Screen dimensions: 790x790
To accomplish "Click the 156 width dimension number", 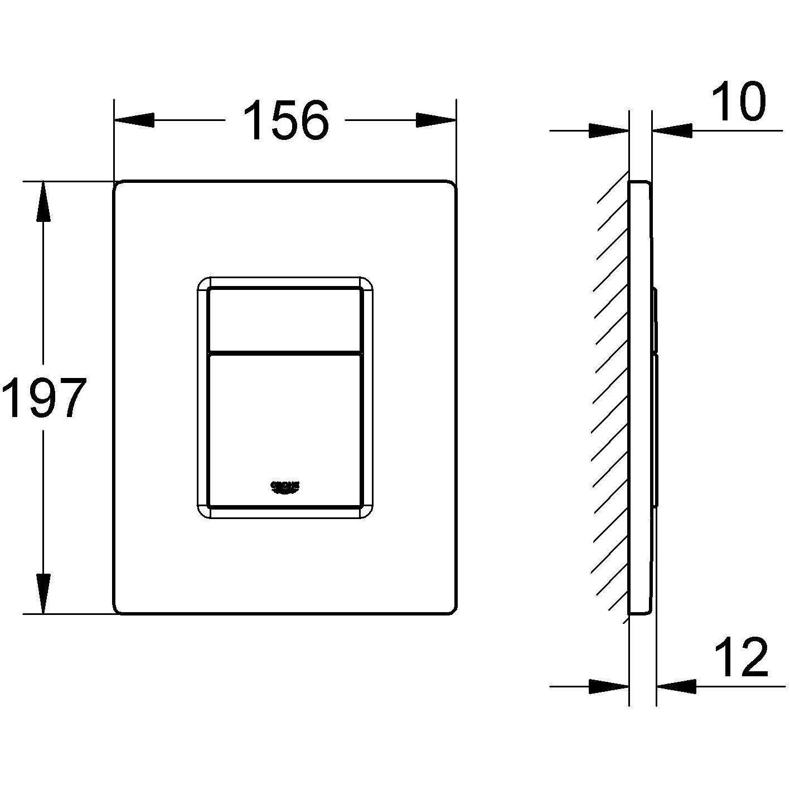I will point(286,120).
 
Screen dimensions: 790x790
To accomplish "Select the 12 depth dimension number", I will point(741,657).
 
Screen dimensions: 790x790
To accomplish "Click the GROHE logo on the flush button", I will point(285,486).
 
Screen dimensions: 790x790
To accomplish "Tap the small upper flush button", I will point(284,319).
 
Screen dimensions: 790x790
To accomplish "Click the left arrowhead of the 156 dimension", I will point(134,120).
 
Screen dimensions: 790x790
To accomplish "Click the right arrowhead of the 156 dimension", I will point(436,120).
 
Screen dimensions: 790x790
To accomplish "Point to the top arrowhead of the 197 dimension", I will point(43,203).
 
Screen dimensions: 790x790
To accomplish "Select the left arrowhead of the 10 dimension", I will point(609,131).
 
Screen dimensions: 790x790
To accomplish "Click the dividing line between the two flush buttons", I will point(284,353).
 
